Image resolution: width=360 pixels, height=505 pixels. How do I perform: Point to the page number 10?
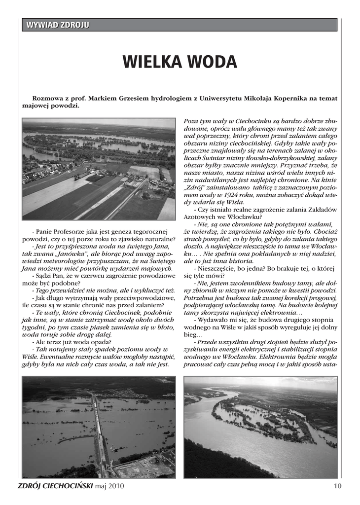point(337,486)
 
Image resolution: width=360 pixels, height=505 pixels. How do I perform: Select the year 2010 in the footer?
point(116,486)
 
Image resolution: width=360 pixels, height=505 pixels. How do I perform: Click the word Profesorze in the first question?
point(71,232)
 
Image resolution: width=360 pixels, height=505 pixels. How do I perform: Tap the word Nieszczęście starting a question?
point(217,269)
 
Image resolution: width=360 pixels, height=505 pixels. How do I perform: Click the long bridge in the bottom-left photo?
point(99,429)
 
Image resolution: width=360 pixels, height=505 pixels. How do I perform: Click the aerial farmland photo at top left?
point(99,169)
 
